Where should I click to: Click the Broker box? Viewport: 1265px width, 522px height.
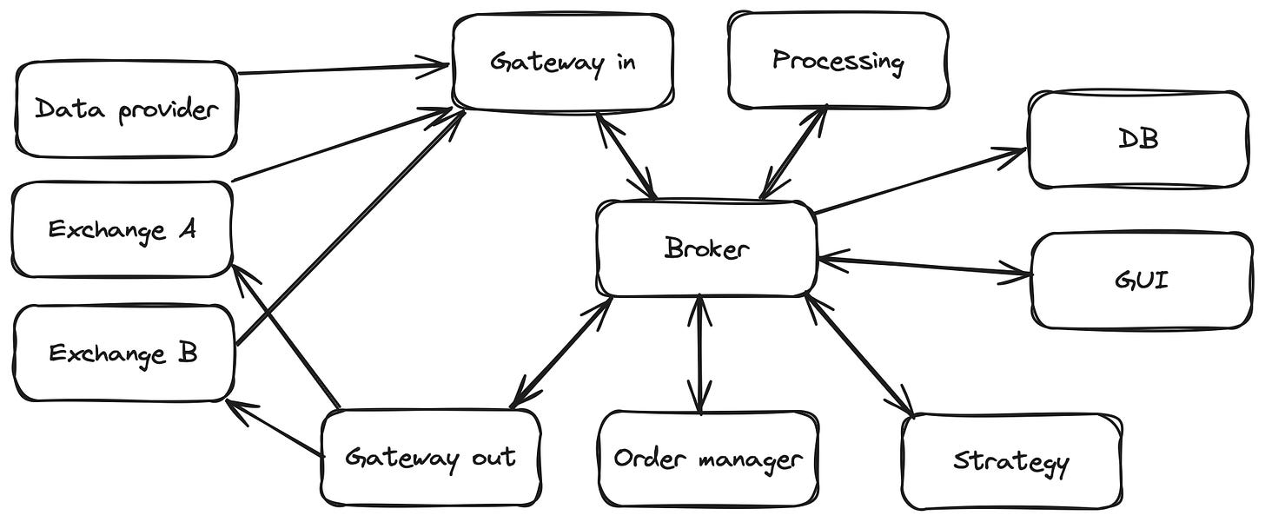pos(705,249)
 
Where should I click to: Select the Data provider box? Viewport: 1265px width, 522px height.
pos(126,109)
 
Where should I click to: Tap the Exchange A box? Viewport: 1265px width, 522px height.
pos(122,230)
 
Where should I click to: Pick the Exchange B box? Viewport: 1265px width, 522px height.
pos(123,354)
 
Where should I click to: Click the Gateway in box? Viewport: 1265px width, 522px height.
pos(562,63)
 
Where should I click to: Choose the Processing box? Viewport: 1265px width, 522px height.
pos(838,61)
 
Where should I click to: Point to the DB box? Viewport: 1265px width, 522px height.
pos(1138,140)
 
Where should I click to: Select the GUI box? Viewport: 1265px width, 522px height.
pos(1141,281)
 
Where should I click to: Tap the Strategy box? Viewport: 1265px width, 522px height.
pos(1010,460)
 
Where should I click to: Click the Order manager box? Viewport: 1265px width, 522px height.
pos(708,459)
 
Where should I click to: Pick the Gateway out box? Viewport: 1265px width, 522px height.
pos(430,457)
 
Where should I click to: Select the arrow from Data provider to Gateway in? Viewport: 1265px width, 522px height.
pos(343,68)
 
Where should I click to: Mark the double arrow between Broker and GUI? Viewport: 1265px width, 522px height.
pos(925,266)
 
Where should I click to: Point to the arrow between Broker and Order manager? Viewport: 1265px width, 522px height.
pos(699,354)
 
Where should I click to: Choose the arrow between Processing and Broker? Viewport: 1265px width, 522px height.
pos(794,152)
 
